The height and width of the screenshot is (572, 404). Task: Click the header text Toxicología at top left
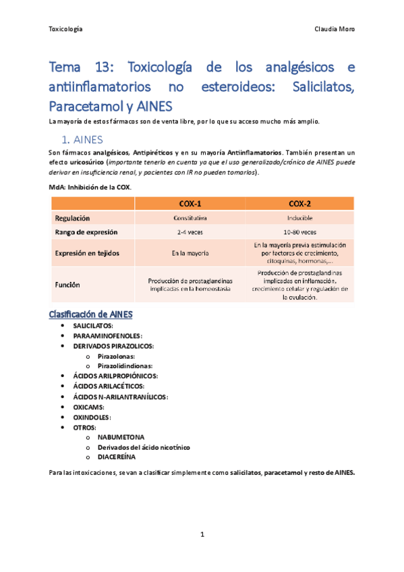[x=66, y=29]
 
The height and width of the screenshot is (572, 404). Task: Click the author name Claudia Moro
[x=335, y=29]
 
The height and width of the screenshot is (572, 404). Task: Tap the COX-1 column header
[x=190, y=204]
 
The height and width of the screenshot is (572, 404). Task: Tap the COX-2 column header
[x=300, y=204]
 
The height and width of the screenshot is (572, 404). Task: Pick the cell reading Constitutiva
[x=190, y=219]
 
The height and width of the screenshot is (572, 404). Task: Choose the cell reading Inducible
[x=300, y=219]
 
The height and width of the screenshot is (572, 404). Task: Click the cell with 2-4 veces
[x=190, y=232]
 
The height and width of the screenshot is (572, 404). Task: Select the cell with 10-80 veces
[x=300, y=232]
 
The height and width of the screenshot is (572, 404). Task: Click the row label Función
[x=67, y=285]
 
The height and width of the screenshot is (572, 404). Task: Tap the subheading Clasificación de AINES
[x=91, y=314]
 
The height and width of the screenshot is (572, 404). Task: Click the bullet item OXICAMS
[x=88, y=407]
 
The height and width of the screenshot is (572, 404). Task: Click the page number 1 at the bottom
[x=202, y=535]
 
